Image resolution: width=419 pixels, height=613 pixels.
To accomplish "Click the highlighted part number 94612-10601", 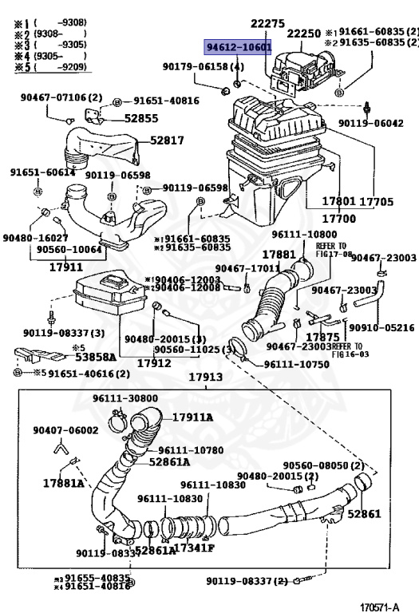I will click(x=238, y=47).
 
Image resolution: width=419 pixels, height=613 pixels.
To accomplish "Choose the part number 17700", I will click(x=338, y=217).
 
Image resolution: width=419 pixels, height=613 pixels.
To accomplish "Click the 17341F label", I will click(x=193, y=548).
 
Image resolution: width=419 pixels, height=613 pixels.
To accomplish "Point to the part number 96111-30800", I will click(x=125, y=398).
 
